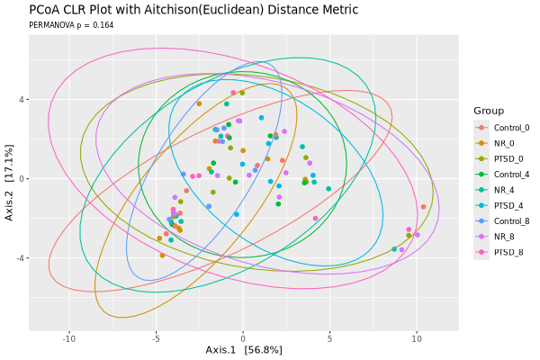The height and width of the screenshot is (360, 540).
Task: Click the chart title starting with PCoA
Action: (193, 10)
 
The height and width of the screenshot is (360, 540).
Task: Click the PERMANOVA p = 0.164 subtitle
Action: (71, 25)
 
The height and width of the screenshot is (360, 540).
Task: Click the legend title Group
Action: (489, 111)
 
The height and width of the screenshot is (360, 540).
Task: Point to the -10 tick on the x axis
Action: (69, 338)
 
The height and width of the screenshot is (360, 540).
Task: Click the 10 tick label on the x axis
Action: (417, 338)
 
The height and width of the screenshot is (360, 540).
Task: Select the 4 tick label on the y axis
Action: (22, 100)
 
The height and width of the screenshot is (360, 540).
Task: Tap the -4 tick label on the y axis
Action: (21, 257)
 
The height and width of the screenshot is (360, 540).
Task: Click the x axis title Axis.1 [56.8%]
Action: (244, 350)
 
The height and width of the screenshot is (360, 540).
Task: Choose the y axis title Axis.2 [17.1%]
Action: (9, 182)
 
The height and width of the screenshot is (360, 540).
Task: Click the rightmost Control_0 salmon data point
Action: (423, 207)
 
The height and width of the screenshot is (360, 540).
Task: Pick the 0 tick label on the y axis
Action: (22, 179)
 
